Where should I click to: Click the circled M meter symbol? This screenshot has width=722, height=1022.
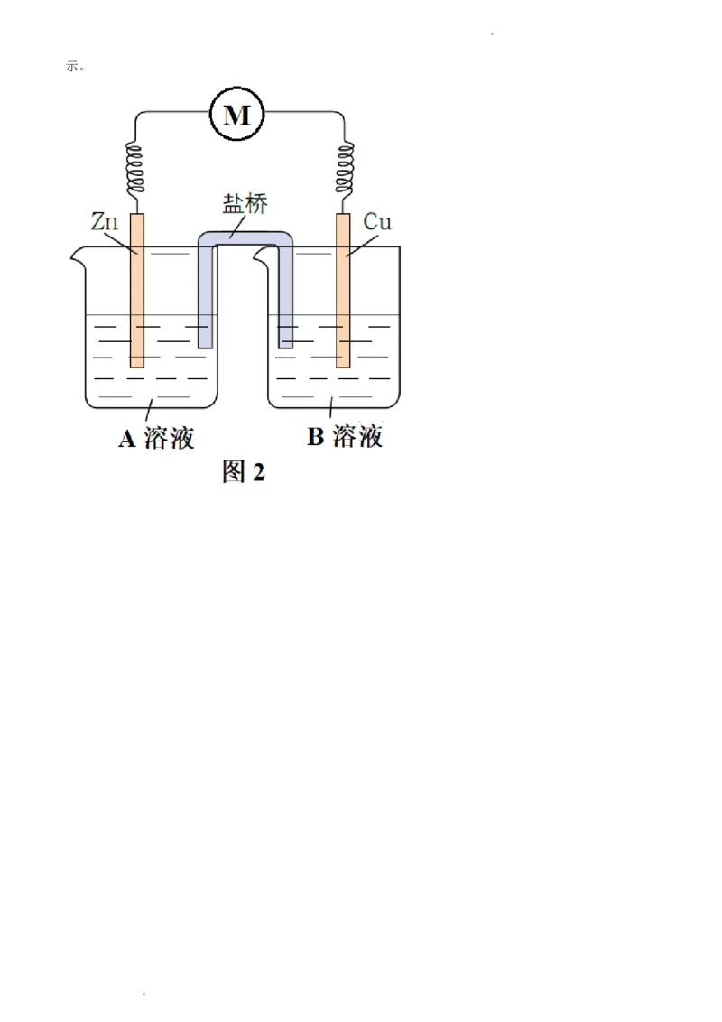(x=236, y=114)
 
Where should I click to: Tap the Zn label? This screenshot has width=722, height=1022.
(x=105, y=221)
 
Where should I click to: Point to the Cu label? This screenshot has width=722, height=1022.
(x=376, y=221)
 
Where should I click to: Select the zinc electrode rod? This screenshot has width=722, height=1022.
(x=137, y=289)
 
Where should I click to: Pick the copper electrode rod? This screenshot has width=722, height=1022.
(x=343, y=289)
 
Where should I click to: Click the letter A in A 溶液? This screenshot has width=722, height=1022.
(x=127, y=439)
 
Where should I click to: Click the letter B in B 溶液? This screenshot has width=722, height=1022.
(x=315, y=438)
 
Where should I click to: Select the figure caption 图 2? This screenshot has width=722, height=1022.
(x=244, y=471)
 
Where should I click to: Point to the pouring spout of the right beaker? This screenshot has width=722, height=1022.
(x=261, y=257)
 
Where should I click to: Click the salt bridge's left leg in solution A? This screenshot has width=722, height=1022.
(x=205, y=307)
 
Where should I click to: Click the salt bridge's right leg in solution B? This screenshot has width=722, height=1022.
(x=286, y=307)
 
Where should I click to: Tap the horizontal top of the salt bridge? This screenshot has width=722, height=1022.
(x=245, y=238)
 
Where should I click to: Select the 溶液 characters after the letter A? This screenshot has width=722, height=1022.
(x=169, y=439)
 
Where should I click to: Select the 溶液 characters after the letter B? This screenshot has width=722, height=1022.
(x=357, y=438)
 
